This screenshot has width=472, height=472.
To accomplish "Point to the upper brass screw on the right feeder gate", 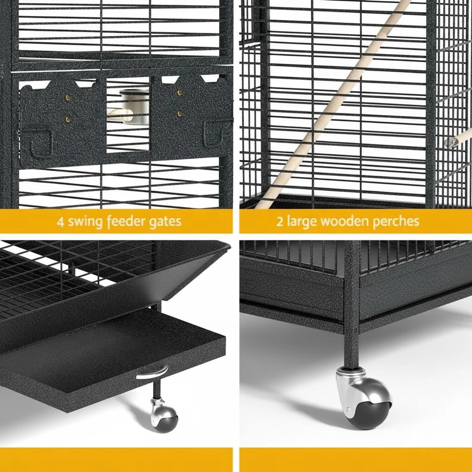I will pos(179,93).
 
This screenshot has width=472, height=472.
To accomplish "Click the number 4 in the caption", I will pos(60,221).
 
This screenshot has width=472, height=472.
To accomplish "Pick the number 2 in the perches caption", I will pos(279,221).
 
